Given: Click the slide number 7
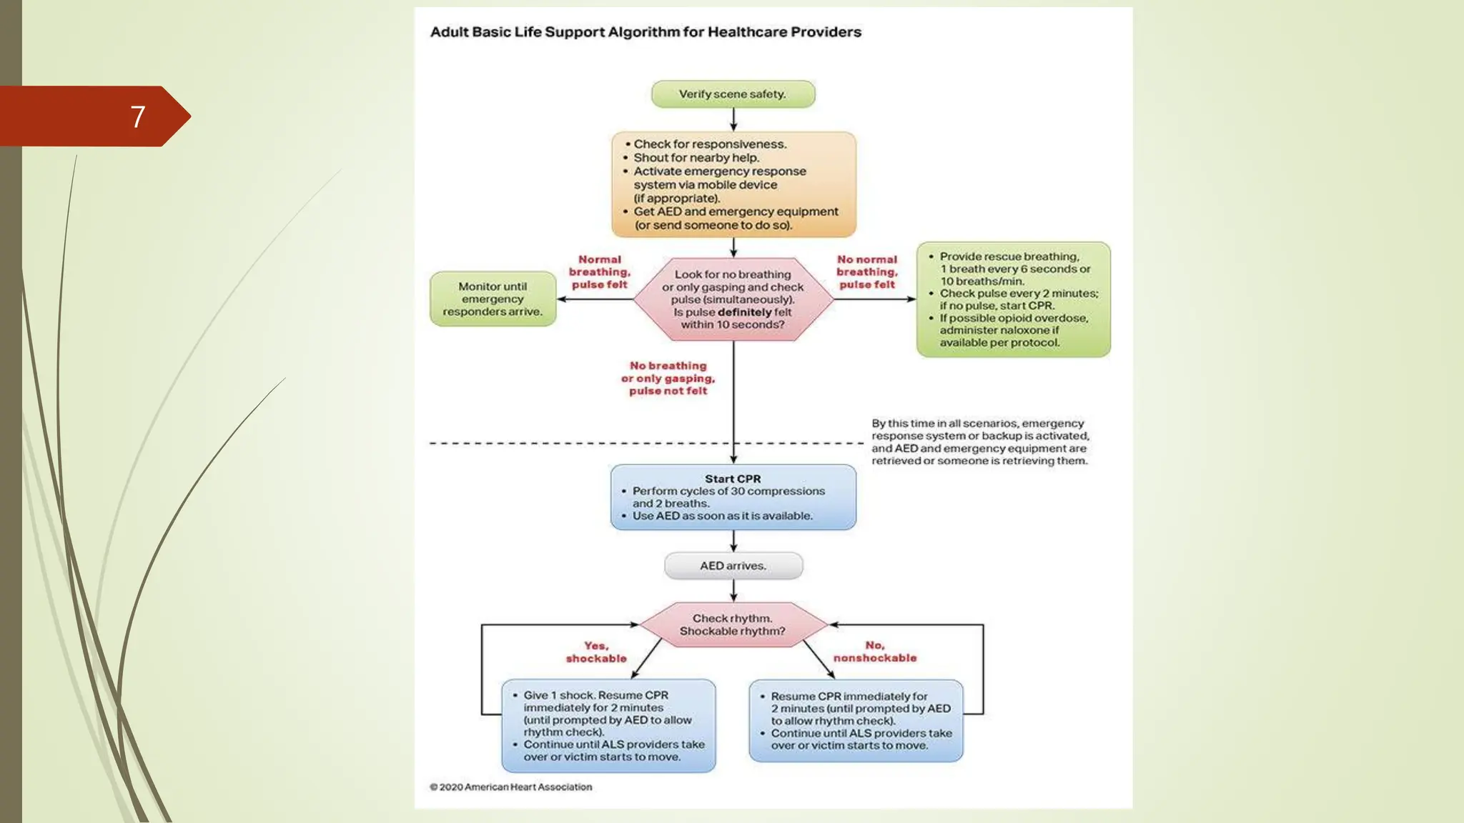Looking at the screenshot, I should coord(138,116).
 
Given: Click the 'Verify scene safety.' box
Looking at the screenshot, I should coord(733,94).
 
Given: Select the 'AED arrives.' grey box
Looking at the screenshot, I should coord(733,566).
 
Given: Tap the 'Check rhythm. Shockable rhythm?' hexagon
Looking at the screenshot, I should coord(733,625).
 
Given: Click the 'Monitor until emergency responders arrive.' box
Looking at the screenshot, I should coord(493,299).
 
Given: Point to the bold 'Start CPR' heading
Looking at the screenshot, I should coord(733,479).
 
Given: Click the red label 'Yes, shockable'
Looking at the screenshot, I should coord(596,652).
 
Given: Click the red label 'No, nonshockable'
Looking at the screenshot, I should coord(875,652).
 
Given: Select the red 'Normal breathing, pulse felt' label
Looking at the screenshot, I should coord(600,272).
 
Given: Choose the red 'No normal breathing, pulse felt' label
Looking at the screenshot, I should coord(867,272).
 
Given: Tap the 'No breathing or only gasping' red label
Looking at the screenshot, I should coord(668,378).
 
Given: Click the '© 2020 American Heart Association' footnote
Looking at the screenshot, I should coord(510,787).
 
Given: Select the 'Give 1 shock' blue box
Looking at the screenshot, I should coord(608,726).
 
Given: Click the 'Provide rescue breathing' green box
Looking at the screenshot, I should coord(1013,299).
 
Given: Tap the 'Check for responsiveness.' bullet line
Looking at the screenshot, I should coord(710,144).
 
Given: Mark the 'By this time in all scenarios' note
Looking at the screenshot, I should coord(979,442).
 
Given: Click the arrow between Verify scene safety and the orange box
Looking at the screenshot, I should coord(733,120).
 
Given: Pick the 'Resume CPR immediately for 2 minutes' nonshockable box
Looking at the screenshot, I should coord(856,721).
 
